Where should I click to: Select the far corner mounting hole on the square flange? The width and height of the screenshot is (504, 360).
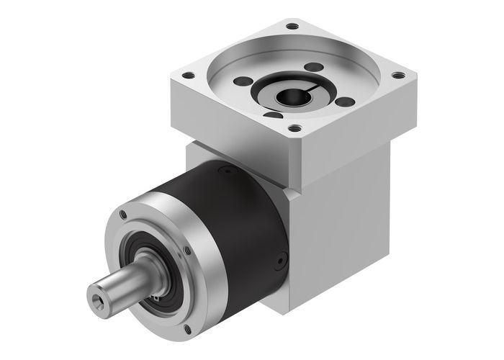click(x=291, y=27)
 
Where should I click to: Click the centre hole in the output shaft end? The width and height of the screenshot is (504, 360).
click(x=95, y=297)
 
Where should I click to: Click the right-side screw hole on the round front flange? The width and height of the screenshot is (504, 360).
click(x=188, y=250)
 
